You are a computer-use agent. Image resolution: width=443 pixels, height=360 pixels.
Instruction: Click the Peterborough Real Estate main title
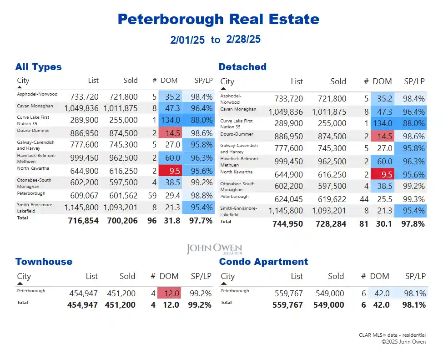coord(218,19)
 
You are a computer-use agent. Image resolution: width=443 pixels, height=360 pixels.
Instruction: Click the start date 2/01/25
coord(187,40)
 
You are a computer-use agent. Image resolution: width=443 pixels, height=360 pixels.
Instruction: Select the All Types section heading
coord(38,67)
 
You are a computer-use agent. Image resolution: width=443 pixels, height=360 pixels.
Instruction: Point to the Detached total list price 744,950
coord(287,223)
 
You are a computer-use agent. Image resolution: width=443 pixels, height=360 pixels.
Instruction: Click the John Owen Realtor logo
coord(214,249)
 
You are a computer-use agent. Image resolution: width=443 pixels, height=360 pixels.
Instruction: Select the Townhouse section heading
coord(44,262)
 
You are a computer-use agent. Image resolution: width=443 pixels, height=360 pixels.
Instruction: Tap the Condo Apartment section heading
coord(263,262)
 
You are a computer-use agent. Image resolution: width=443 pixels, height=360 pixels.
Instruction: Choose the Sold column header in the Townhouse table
coord(127,276)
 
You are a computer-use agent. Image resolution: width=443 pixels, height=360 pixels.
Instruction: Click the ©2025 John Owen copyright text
coord(403,342)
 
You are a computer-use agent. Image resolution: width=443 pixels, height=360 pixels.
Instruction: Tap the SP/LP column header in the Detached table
coord(414,81)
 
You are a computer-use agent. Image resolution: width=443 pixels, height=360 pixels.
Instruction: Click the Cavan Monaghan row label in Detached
coord(238,109)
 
